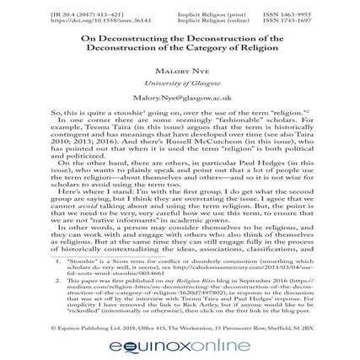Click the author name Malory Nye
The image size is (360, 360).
pos(180,70)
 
